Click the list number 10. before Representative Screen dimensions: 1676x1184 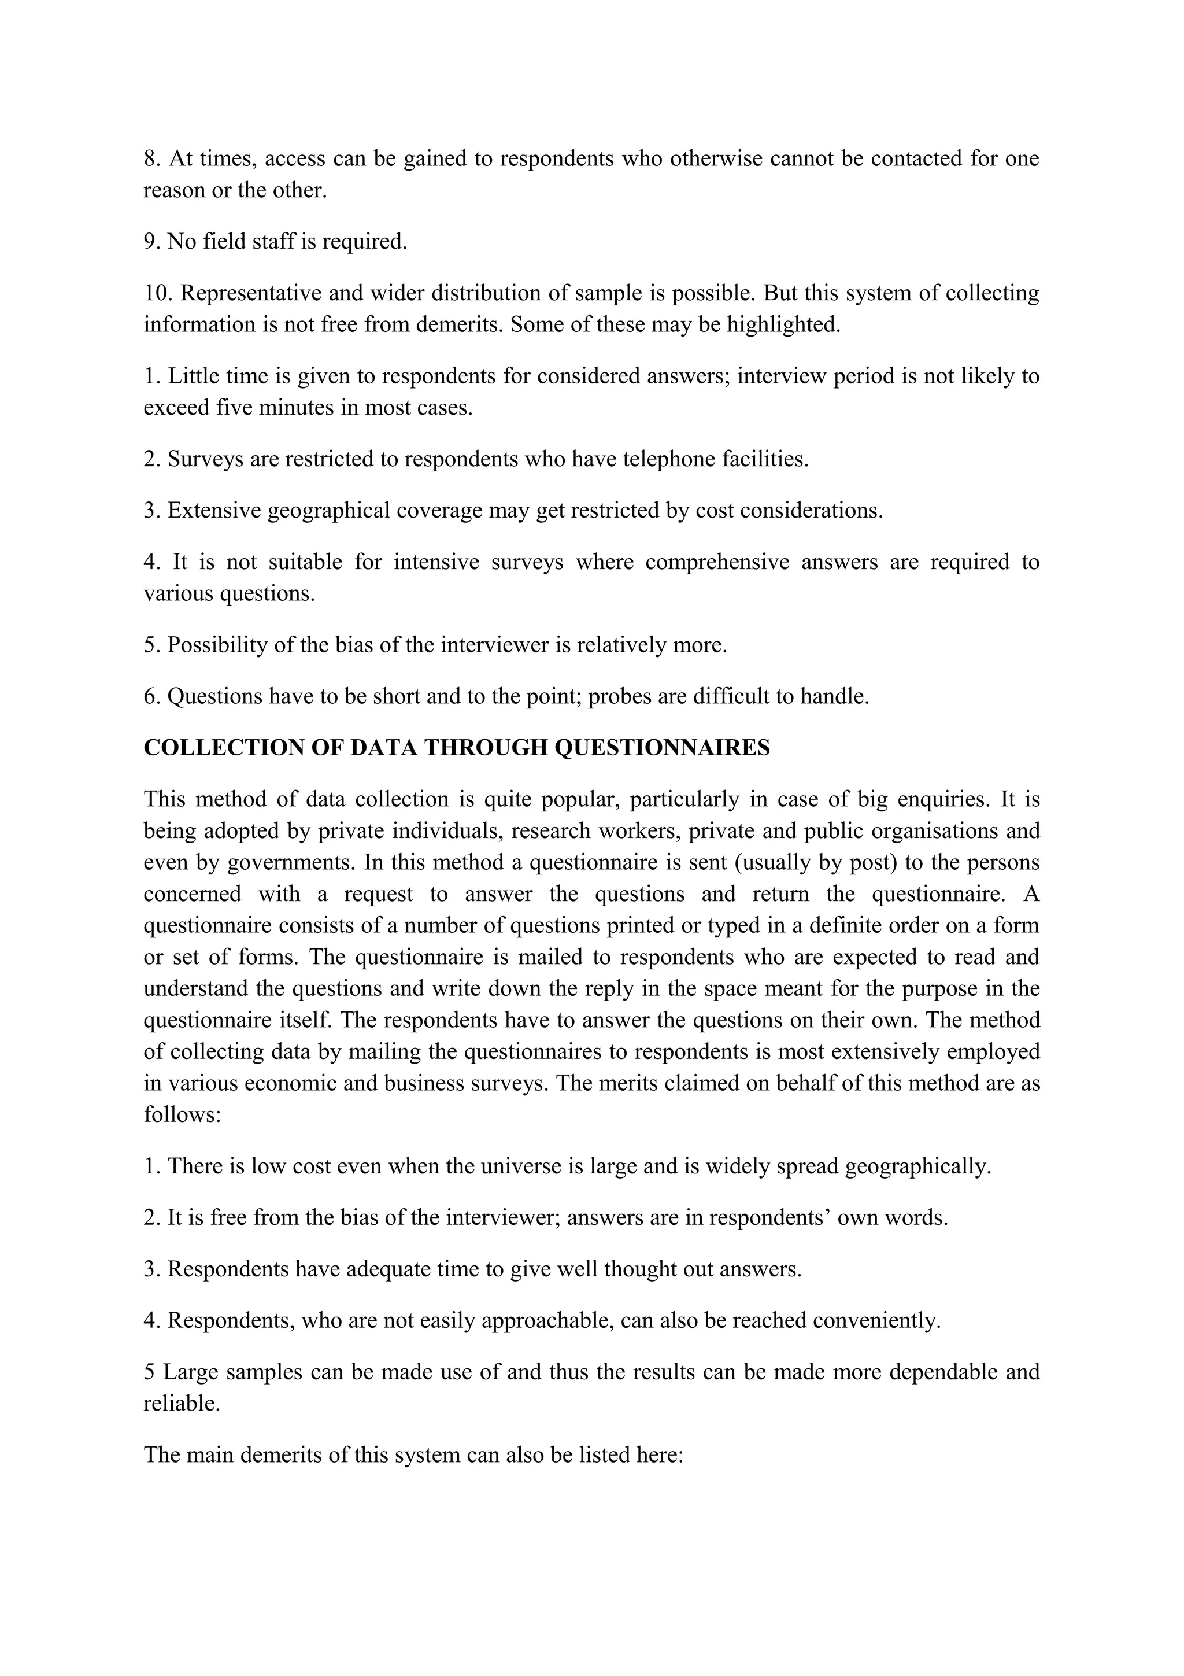click(158, 293)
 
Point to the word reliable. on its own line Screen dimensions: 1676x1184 click(182, 1403)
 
